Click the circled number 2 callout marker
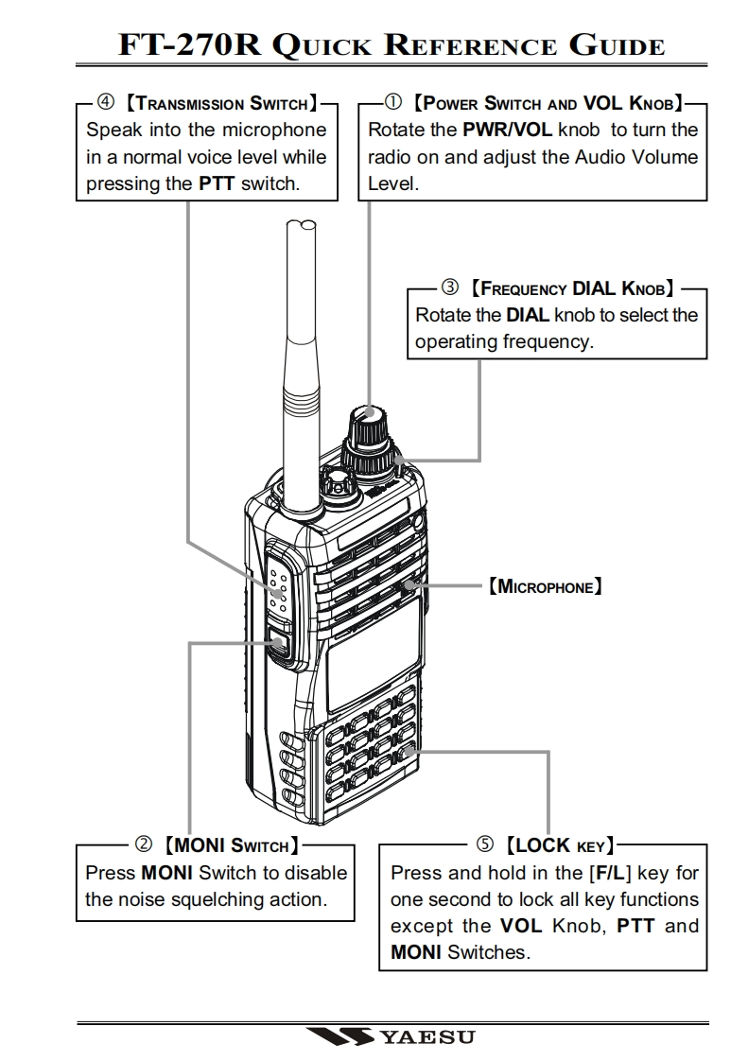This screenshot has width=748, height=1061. click(x=145, y=844)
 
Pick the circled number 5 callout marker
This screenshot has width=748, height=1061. click(x=485, y=844)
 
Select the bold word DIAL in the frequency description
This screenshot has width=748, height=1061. click(x=528, y=315)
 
